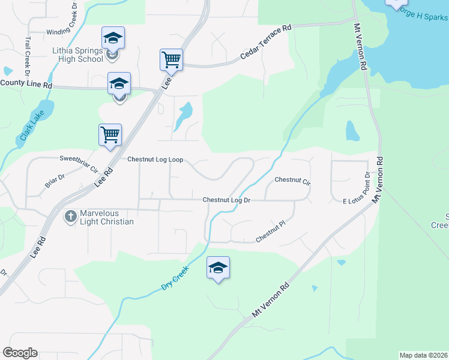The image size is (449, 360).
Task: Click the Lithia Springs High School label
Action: click(77, 55)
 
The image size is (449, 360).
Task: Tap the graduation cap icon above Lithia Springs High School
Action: click(113, 38)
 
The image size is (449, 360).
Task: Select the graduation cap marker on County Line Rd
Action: click(119, 83)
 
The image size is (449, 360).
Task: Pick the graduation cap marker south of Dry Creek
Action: click(218, 268)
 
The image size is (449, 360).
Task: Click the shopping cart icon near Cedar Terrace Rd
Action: click(171, 60)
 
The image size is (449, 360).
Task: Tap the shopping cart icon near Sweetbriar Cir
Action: click(110, 135)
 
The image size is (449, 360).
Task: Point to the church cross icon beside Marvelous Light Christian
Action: click(71, 217)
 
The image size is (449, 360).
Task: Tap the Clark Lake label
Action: click(28, 128)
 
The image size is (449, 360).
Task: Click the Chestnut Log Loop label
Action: click(155, 160)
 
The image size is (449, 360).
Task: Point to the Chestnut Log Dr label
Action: click(226, 200)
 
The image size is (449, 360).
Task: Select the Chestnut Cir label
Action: click(292, 180)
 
